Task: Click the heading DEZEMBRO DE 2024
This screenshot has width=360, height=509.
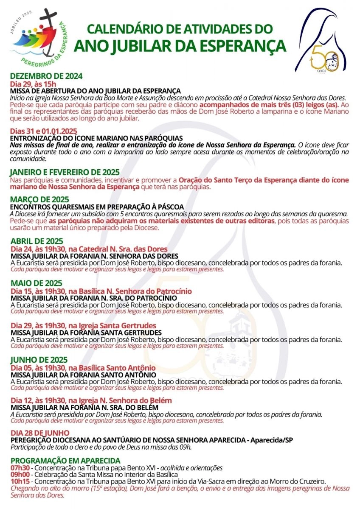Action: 46,77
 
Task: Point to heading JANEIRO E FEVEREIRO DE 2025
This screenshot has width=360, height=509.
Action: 65,173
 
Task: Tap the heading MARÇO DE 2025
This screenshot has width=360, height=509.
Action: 39,199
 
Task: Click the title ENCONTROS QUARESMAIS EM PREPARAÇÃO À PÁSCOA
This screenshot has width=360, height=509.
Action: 91,207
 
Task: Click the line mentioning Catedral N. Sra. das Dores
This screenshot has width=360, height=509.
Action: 89,249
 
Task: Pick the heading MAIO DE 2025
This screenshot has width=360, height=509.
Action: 37,283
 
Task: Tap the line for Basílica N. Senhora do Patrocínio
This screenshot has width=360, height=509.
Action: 101,291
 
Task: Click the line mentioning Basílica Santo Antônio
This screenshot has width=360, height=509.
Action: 83,368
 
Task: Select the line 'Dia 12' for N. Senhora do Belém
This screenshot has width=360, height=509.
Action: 91,401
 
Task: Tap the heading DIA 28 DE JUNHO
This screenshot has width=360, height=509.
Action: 40,433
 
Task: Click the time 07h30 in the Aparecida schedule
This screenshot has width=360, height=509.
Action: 19,468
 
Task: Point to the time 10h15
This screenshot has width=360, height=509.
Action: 19,481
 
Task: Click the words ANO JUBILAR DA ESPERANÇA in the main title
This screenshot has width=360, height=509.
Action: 180,45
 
